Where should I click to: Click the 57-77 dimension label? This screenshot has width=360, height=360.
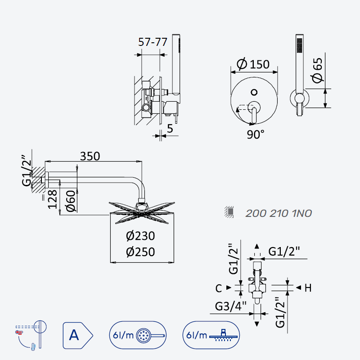tap(153, 42)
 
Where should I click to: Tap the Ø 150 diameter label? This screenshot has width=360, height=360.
tap(253, 64)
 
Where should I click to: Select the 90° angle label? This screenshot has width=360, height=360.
tap(256, 134)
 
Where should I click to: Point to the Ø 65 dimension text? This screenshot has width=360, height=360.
tap(317, 70)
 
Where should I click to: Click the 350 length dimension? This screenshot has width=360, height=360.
tap(90, 156)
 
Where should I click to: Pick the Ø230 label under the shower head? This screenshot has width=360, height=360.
tap(140, 236)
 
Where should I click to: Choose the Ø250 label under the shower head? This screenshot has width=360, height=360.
tap(140, 252)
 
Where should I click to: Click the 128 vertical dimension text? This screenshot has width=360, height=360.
tap(52, 199)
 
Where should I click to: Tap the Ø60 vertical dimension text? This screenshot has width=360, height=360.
tap(71, 201)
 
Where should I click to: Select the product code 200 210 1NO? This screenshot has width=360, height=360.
tap(279, 213)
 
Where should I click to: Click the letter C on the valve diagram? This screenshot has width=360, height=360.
tap(219, 288)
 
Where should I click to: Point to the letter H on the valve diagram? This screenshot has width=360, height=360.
tap(308, 288)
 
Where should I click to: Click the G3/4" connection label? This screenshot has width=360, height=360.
tap(231, 306)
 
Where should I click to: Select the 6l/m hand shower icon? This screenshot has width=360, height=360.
tap(138, 335)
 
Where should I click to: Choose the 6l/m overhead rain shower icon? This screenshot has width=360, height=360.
tap(211, 335)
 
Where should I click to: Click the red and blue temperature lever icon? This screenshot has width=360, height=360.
tap(31, 335)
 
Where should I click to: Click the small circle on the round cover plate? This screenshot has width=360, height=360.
tap(254, 92)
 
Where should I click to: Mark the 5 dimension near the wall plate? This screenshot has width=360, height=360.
tap(170, 129)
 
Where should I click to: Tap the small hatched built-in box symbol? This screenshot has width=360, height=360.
tap(229, 212)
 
